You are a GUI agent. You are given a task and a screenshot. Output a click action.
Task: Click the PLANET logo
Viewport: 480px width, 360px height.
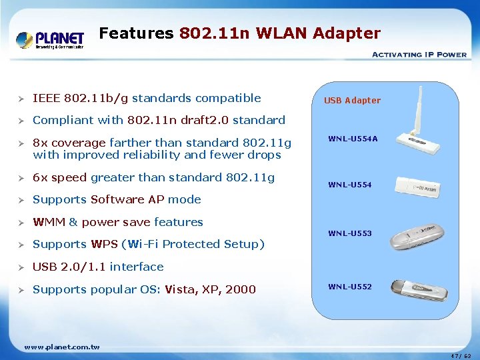tap(50, 39)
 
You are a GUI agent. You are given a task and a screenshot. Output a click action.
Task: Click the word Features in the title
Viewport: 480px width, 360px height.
tap(136, 33)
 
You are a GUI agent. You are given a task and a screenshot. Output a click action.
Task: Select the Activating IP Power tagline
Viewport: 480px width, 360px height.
tap(419, 55)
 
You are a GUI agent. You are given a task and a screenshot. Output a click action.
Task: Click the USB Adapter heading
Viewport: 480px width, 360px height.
tap(352, 101)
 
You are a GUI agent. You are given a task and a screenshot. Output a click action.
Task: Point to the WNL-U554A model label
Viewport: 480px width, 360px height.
tap(353, 139)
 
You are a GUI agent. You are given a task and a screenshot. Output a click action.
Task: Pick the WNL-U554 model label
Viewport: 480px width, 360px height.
tap(350, 185)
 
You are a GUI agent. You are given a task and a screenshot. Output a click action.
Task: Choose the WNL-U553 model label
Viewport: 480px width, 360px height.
tap(350, 233)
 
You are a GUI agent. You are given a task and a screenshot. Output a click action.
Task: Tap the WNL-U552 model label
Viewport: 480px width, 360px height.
tap(350, 287)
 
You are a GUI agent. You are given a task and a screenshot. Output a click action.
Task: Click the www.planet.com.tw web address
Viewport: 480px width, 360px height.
tap(61, 347)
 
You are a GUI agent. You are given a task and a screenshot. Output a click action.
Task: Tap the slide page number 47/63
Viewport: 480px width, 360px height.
tap(459, 355)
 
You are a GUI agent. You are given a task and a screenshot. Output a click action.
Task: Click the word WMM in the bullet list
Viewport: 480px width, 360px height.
tap(49, 222)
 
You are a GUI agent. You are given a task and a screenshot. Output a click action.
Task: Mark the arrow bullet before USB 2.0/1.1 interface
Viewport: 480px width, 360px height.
tap(21, 267)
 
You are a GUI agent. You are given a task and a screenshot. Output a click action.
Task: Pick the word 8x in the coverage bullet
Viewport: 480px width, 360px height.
tap(41, 143)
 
